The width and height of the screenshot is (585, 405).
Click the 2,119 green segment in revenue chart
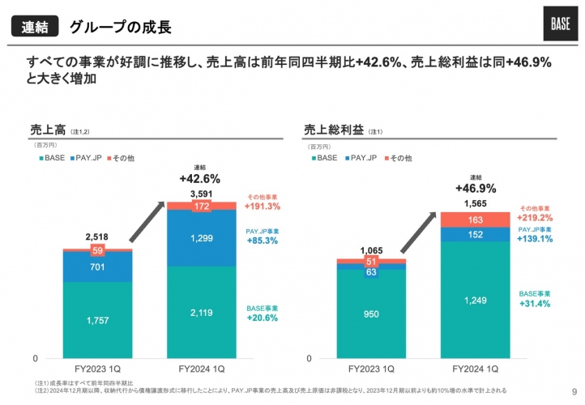pos(201,313)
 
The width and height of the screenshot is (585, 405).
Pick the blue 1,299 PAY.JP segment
pos(201,239)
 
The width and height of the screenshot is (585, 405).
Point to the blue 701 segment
pos(97,266)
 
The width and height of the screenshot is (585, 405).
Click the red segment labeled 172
pos(201,207)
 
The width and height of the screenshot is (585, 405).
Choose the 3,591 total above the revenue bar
pos(201,194)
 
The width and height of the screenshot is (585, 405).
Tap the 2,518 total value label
pos(97,237)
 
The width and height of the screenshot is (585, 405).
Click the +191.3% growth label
pos(263,207)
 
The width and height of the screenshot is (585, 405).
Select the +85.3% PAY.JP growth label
pos(263,241)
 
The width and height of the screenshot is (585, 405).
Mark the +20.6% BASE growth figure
pos(263,318)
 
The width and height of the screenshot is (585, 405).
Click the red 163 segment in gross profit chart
pos(476,220)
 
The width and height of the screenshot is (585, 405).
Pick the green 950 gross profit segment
pos(372,314)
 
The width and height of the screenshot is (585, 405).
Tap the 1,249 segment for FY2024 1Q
pos(476,301)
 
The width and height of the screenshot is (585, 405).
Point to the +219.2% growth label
pos(536,218)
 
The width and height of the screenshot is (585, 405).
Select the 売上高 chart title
pos(47,129)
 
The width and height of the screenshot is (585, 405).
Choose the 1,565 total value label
pos(476,203)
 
